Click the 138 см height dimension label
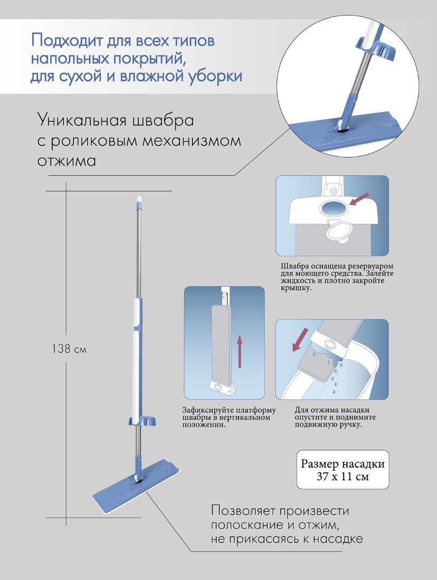pyautogui.click(x=69, y=349)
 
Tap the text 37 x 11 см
pyautogui.click(x=343, y=476)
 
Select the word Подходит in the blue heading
pyautogui.click(x=67, y=41)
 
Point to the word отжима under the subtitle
pyautogui.click(x=66, y=161)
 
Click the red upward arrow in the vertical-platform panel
pyautogui.click(x=239, y=351)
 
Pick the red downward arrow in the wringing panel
pyautogui.click(x=299, y=340)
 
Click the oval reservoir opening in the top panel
pyautogui.click(x=333, y=209)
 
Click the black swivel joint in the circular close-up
pyautogui.click(x=344, y=127)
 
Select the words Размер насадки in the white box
pyautogui.click(x=343, y=463)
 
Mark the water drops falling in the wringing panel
pyautogui.click(x=332, y=372)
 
